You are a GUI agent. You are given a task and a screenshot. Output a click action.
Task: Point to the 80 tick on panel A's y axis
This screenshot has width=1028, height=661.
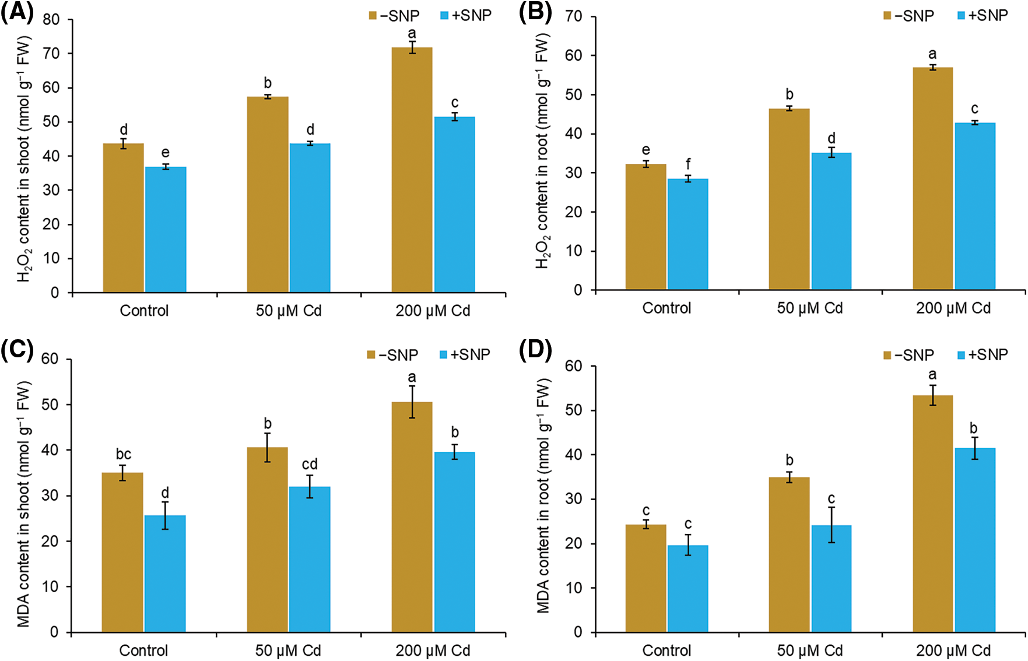[51, 20]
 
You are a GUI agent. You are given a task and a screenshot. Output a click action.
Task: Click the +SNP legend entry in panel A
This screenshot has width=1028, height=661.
[466, 16]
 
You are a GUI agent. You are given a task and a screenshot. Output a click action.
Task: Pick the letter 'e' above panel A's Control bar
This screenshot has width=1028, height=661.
[166, 153]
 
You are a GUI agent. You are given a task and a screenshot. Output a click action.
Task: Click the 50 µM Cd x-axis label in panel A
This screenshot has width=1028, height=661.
[289, 311]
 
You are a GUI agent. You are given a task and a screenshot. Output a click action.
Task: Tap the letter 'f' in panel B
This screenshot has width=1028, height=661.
[688, 164]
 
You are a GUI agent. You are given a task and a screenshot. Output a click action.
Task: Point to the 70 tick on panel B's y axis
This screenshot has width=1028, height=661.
[574, 16]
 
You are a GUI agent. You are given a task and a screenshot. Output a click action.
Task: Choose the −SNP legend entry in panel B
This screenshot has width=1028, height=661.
[909, 16]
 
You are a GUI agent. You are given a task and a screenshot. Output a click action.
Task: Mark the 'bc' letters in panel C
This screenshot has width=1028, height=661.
[123, 454]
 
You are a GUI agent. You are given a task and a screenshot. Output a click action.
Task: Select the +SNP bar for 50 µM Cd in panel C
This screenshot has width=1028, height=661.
[310, 559]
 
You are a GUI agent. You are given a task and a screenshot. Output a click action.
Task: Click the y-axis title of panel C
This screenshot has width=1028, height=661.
[23, 504]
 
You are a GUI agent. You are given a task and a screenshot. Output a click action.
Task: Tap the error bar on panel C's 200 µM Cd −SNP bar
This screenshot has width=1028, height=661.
[412, 402]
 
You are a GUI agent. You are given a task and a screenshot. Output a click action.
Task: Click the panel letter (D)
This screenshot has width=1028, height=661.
[535, 350]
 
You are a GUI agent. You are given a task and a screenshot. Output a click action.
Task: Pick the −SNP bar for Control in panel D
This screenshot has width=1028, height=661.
[645, 578]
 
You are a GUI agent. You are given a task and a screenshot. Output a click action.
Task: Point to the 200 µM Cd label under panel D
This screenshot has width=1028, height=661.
[953, 651]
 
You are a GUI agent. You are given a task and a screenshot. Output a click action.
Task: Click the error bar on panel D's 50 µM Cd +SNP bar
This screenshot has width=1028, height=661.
[831, 525]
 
